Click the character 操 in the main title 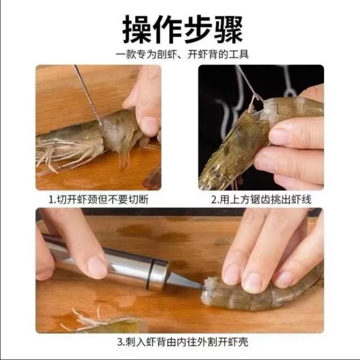(x=137, y=29)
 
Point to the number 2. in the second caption (x=215, y=199)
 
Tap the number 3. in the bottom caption (x=121, y=342)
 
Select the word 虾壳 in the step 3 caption (x=238, y=342)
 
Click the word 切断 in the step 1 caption (x=139, y=199)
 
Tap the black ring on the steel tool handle (x=151, y=274)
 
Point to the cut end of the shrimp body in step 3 (x=208, y=290)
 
